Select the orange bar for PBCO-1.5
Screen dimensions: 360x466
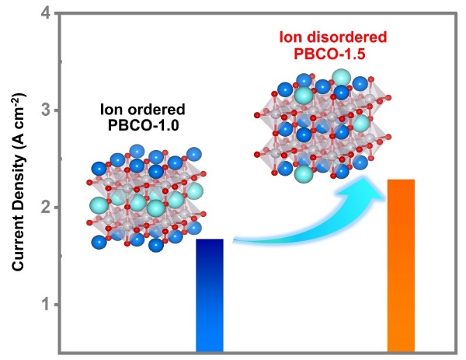(401, 265)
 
